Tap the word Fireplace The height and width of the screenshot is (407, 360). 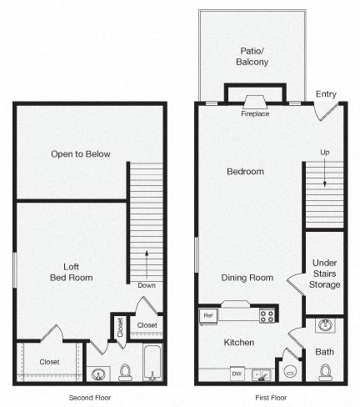coord(255,113)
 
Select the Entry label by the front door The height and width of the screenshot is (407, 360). coord(326,94)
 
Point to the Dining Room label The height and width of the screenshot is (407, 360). coord(247,278)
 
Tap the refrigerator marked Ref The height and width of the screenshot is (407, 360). coord(208,315)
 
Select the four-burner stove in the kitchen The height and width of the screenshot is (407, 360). coord(267,315)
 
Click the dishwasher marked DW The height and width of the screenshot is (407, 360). coord(237,374)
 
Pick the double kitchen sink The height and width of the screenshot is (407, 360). coord(262,374)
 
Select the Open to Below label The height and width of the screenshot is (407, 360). coord(80,153)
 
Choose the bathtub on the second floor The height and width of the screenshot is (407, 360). coord(152,364)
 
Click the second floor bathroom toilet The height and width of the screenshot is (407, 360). coord(126,371)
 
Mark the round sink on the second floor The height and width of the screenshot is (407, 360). coord(99,374)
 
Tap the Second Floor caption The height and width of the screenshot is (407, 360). coord(89,398)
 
